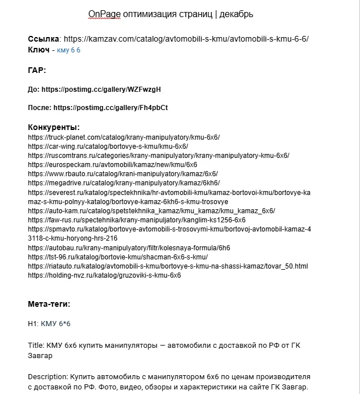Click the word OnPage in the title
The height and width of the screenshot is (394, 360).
[x=101, y=13]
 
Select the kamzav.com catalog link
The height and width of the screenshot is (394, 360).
[x=186, y=39]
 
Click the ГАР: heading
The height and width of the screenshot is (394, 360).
[x=37, y=70]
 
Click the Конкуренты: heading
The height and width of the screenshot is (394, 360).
[x=54, y=127]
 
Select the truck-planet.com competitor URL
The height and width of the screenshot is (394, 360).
[x=124, y=137]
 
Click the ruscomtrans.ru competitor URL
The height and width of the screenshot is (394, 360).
[x=158, y=156]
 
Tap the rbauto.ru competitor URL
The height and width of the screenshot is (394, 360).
[x=123, y=174]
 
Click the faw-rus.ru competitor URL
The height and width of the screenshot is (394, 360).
[x=137, y=220]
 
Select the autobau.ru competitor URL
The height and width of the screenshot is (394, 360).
[x=129, y=247]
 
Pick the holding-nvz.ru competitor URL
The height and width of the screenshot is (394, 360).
[x=104, y=275]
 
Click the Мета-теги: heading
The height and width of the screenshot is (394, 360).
[x=49, y=304]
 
